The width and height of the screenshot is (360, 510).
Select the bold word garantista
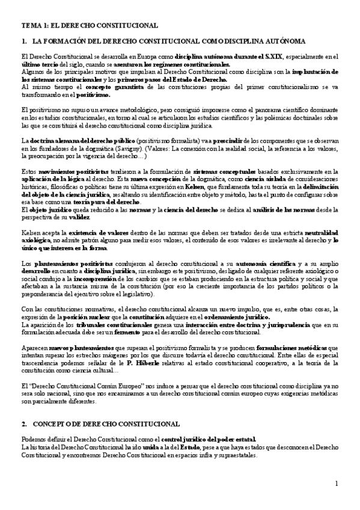95,88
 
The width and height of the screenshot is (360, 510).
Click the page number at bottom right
337,484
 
